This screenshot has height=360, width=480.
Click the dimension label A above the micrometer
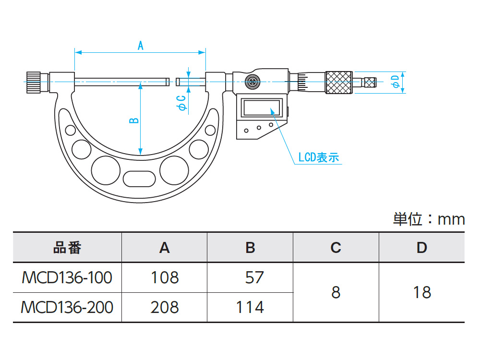coord(141,46)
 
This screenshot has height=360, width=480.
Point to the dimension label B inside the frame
coord(134,120)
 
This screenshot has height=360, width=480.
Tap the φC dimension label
coord(181,103)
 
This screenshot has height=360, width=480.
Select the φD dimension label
coord(396,82)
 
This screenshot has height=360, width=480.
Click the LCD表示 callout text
coord(319,157)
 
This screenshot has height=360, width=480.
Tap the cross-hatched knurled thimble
coord(338,83)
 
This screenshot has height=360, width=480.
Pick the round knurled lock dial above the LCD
coord(252,82)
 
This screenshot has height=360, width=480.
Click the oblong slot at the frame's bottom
coord(139,179)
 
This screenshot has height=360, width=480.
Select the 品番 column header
coord(67,248)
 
